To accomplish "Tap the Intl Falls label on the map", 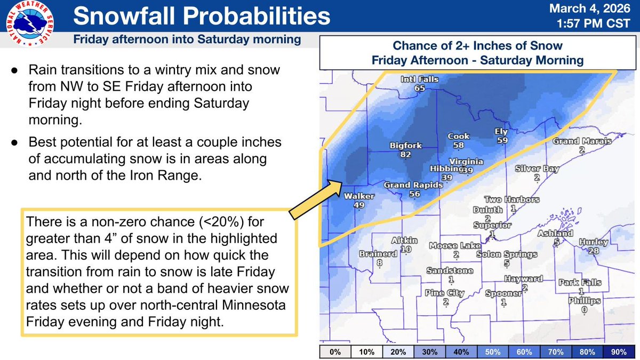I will coord(420,79).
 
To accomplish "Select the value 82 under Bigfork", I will coord(405,155).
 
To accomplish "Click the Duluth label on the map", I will coord(488,210).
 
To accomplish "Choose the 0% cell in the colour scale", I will coord(335,352).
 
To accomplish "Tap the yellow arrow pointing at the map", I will coord(318,197).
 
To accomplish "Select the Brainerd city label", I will coord(379,254).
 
